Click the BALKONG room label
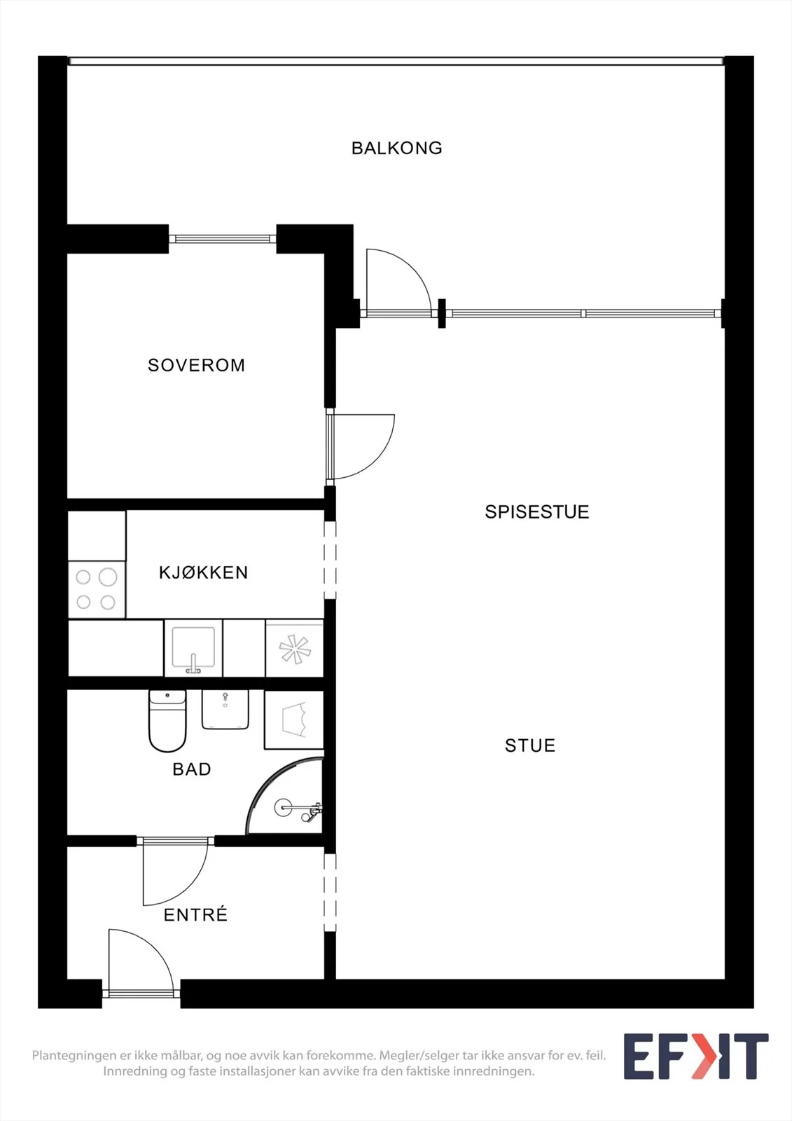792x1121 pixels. (397, 148)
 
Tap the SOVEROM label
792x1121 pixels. (197, 365)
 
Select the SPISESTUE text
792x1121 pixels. (537, 511)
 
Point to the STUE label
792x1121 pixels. (530, 745)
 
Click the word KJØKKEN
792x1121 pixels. (204, 572)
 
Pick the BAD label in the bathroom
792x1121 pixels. (192, 769)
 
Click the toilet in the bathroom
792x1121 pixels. (167, 721)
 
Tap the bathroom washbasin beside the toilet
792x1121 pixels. (225, 710)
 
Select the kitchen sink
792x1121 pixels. (193, 648)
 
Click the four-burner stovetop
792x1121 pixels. (97, 589)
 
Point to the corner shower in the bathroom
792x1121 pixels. (285, 797)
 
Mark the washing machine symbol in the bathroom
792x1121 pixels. (294, 720)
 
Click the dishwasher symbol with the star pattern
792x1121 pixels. (294, 649)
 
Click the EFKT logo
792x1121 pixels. (696, 1056)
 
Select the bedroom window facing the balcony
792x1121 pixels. (223, 239)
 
